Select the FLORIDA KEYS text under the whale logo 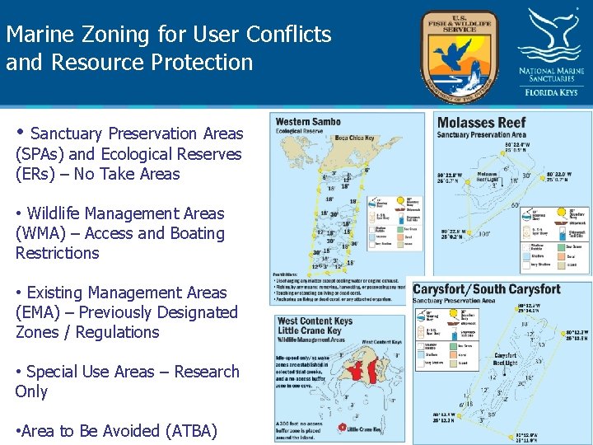[551, 91]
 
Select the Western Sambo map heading [308, 122]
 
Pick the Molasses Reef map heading [481, 123]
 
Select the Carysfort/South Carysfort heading [486, 289]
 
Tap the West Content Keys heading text [315, 321]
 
